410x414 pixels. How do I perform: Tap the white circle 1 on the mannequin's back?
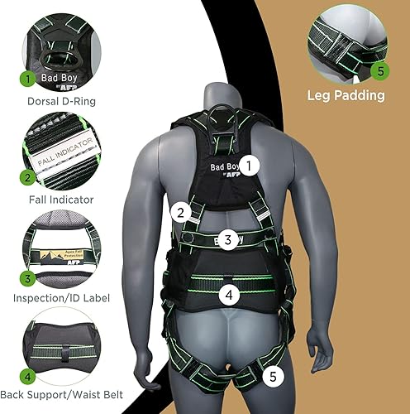(x=253, y=165)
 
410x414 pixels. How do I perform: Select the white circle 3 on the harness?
(x=233, y=240)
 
